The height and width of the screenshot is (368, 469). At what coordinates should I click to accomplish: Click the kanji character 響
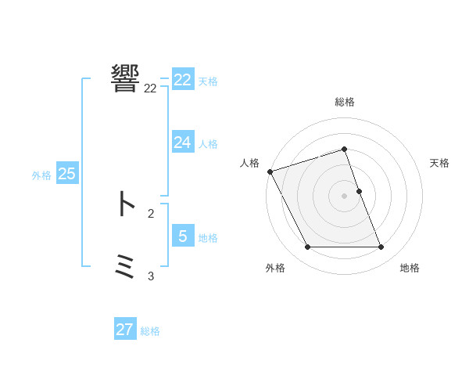pyautogui.click(x=125, y=78)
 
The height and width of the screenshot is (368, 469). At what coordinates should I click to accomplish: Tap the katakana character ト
pyautogui.click(x=125, y=204)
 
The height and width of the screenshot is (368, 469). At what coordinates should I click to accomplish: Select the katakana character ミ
pyautogui.click(x=125, y=267)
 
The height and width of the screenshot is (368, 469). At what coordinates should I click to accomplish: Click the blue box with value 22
pyautogui.click(x=183, y=80)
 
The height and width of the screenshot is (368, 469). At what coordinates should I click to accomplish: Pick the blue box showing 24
pyautogui.click(x=183, y=142)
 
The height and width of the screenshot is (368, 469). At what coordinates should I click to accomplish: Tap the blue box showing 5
pyautogui.click(x=183, y=236)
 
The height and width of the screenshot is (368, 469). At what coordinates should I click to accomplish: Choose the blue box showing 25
pyautogui.click(x=67, y=174)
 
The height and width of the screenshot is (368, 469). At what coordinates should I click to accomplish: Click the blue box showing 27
pyautogui.click(x=125, y=330)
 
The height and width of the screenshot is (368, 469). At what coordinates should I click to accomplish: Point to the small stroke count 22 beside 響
pyautogui.click(x=150, y=88)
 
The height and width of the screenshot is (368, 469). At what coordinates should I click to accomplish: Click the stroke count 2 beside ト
pyautogui.click(x=150, y=213)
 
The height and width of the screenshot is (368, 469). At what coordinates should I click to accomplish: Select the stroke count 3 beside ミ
pyautogui.click(x=150, y=276)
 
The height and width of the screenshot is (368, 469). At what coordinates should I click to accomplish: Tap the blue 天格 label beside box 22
pyautogui.click(x=208, y=81)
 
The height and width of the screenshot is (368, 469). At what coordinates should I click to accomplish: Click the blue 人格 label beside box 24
pyautogui.click(x=208, y=144)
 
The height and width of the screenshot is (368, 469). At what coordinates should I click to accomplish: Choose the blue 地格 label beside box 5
pyautogui.click(x=208, y=238)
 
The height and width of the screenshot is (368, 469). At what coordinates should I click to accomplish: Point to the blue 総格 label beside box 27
pyautogui.click(x=150, y=332)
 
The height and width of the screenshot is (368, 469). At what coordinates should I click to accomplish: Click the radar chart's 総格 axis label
pyautogui.click(x=345, y=102)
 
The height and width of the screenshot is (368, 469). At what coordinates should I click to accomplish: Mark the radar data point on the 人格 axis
pyautogui.click(x=270, y=171)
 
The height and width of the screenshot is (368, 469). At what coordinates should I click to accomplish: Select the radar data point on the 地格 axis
pyautogui.click(x=381, y=247)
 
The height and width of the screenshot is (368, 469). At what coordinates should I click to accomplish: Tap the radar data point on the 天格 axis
pyautogui.click(x=359, y=191)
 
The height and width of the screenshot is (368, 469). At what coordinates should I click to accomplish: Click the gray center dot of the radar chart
pyautogui.click(x=345, y=196)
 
